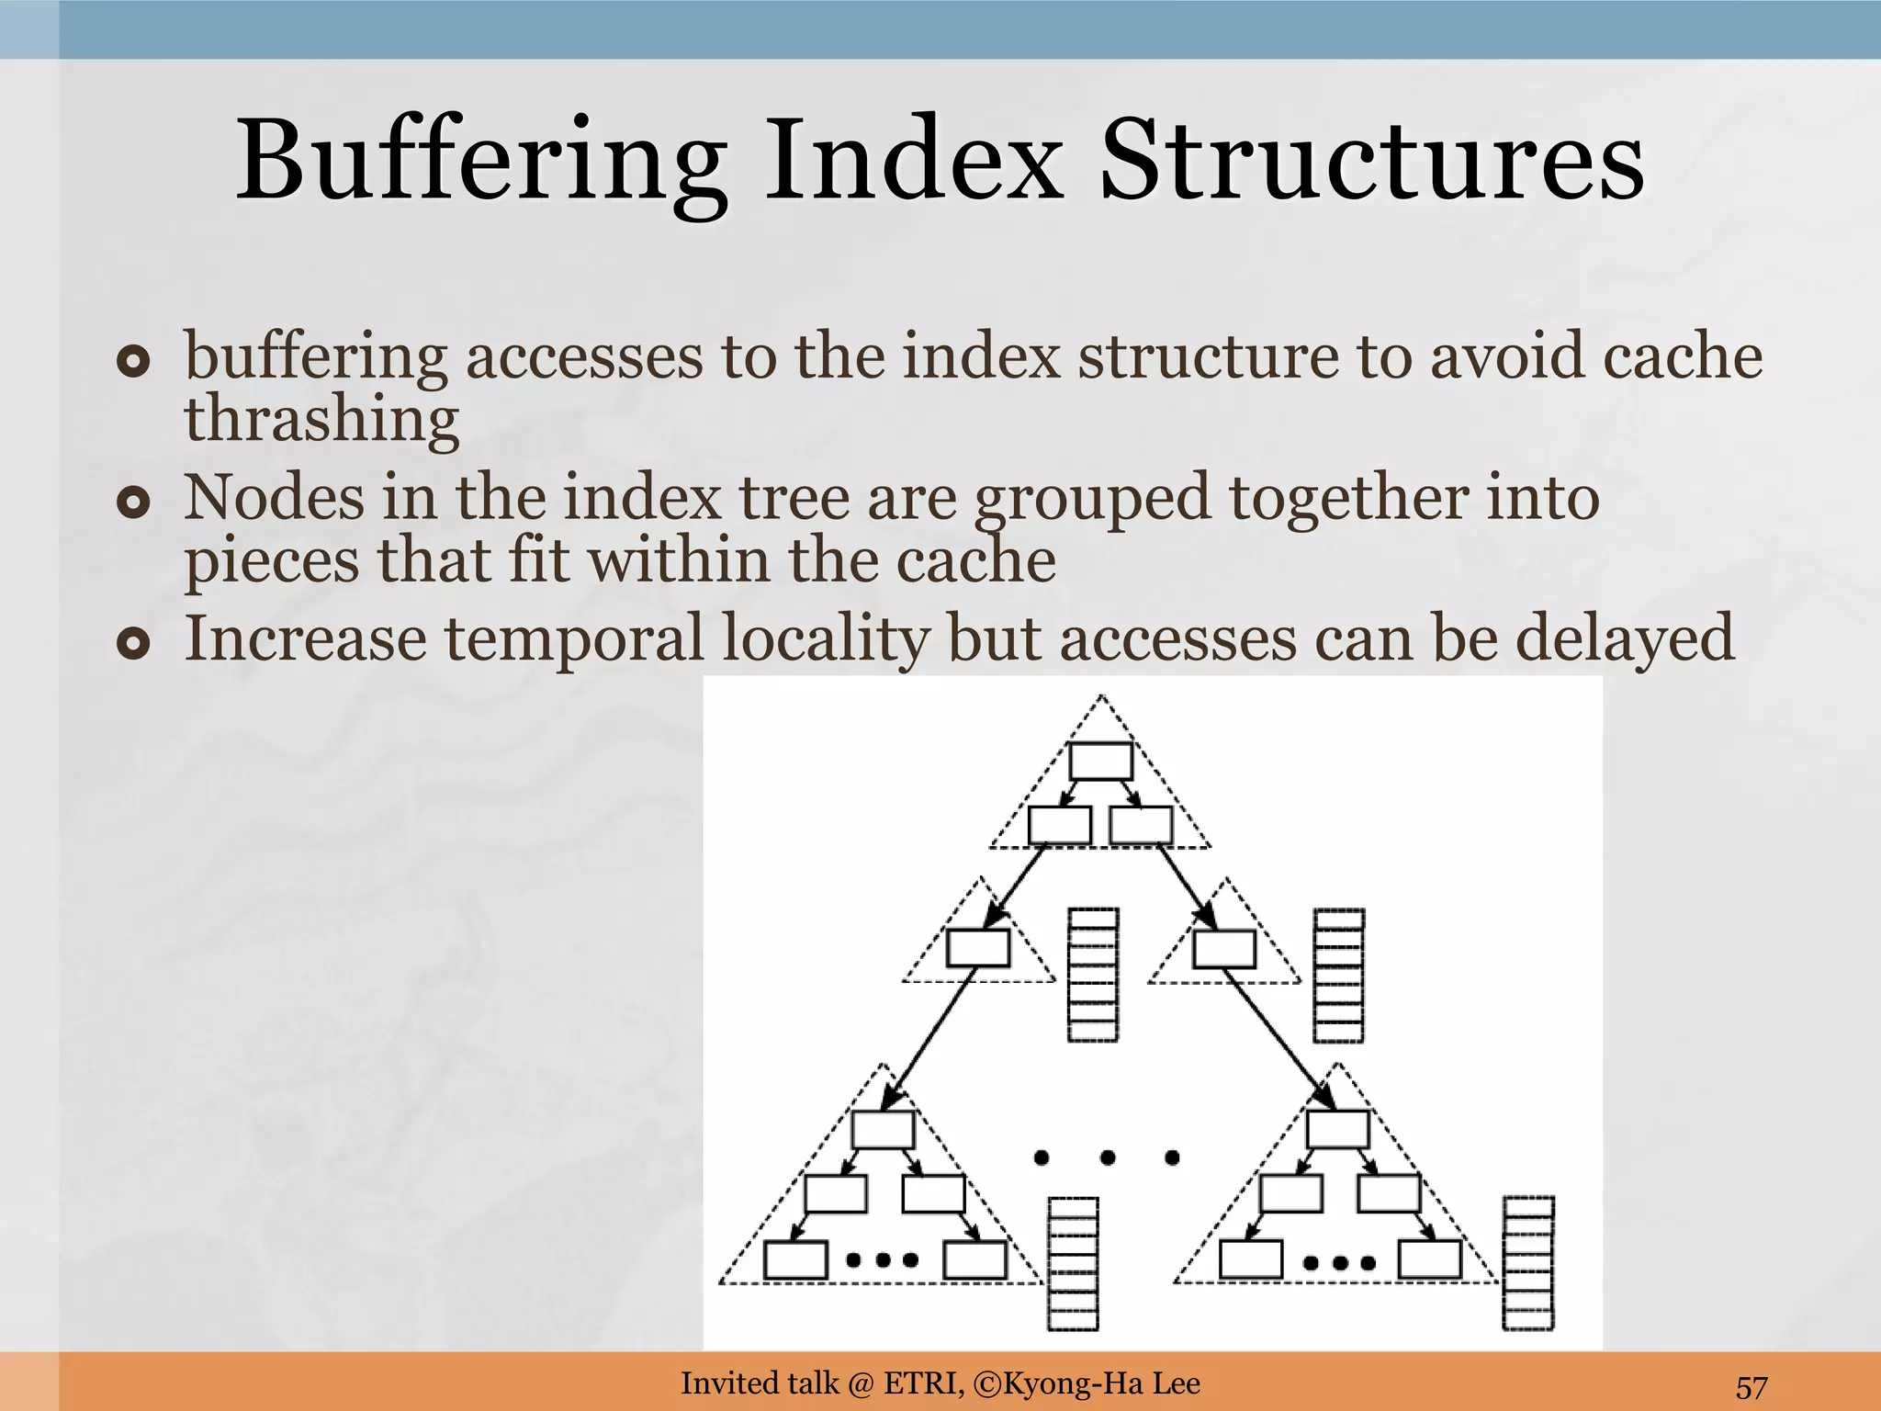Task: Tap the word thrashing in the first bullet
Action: (x=321, y=419)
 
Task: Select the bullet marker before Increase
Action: (x=133, y=644)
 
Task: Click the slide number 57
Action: (x=1751, y=1386)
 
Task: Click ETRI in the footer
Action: (x=923, y=1383)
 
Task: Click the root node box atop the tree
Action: (x=1100, y=762)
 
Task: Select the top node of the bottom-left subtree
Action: (x=883, y=1130)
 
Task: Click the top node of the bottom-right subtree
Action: (x=1337, y=1129)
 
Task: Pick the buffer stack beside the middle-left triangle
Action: (x=1093, y=975)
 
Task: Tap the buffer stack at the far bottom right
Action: (x=1528, y=1263)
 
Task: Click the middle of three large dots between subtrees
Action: (x=1107, y=1157)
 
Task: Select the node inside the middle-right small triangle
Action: (x=1224, y=949)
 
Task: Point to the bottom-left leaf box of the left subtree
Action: (x=795, y=1259)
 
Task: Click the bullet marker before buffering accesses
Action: (x=133, y=362)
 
